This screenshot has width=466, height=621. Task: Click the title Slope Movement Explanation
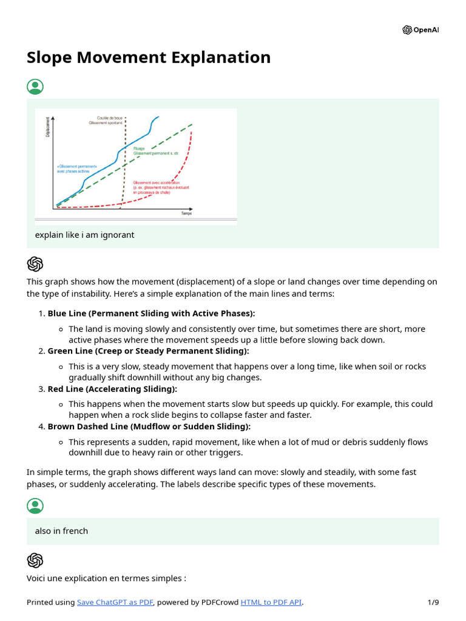point(149,58)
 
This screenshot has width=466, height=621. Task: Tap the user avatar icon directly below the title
point(35,87)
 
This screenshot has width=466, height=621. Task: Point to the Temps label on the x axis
point(186,213)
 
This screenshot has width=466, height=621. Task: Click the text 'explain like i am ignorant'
point(84,235)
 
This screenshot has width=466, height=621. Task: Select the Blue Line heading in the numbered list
point(151,314)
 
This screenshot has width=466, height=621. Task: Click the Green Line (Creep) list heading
point(148,351)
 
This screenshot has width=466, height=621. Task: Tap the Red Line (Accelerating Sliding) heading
point(112,389)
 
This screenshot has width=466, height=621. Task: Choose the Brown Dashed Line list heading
point(149,426)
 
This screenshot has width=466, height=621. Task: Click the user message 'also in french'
point(61,531)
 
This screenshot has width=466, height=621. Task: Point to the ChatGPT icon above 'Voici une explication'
point(35,560)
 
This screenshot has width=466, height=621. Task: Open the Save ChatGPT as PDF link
point(115,602)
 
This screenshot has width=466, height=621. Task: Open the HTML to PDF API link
point(271,602)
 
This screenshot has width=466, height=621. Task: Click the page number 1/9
point(433,602)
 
